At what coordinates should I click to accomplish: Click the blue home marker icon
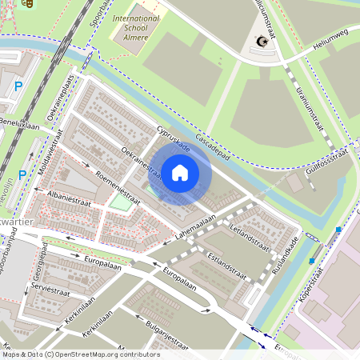[180, 173]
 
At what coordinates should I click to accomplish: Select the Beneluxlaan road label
[19, 126]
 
